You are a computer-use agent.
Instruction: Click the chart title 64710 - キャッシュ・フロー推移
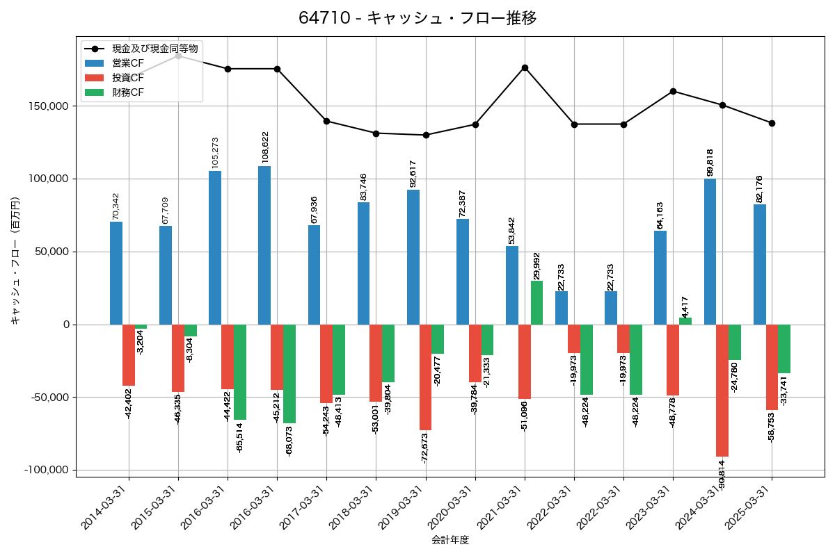(x=417, y=18)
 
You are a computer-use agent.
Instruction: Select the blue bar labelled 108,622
(x=264, y=245)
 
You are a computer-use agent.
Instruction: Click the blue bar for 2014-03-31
(x=116, y=273)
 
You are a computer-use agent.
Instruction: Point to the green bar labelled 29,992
(x=536, y=302)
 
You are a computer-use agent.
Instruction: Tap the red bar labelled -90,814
(x=722, y=391)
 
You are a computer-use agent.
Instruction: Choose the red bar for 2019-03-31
(x=425, y=377)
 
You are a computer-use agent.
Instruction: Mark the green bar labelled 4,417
(x=685, y=321)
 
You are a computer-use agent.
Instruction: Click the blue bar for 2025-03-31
(x=760, y=264)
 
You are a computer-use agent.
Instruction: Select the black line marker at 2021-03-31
(x=525, y=67)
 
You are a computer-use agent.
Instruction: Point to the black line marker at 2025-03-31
(x=772, y=123)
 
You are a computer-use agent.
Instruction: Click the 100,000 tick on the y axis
(x=48, y=179)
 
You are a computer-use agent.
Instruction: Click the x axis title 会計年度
(x=450, y=540)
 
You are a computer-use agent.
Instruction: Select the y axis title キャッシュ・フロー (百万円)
(x=15, y=261)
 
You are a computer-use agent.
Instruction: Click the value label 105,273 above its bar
(x=215, y=152)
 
